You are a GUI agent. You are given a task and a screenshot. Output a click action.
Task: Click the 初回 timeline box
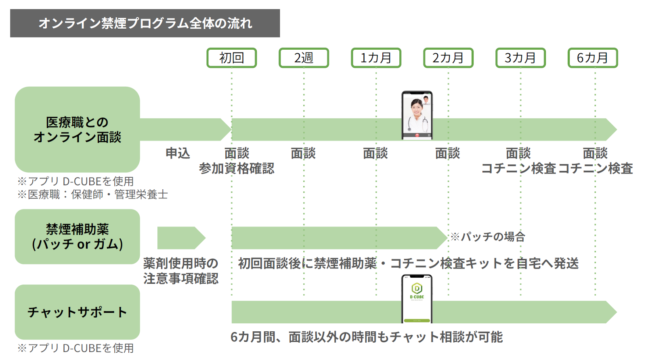(x=231, y=58)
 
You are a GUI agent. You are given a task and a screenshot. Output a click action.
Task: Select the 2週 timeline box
(x=304, y=58)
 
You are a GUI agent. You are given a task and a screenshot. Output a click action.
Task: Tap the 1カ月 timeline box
(x=376, y=58)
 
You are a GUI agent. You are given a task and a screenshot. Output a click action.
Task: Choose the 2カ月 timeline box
(x=448, y=58)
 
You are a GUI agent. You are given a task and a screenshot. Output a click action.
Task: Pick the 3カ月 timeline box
(x=520, y=58)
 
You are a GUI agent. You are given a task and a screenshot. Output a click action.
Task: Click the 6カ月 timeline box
(x=593, y=58)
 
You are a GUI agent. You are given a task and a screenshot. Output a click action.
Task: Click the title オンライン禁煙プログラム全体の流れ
(x=145, y=23)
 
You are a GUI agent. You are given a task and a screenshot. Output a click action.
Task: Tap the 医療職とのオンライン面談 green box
(x=77, y=130)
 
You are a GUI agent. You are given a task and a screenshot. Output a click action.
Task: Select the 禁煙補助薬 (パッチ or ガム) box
(x=77, y=237)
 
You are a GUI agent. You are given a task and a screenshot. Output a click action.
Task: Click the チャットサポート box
(x=77, y=312)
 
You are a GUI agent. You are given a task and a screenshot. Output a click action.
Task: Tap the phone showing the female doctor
(x=417, y=115)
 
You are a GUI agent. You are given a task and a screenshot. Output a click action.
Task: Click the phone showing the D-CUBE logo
(x=417, y=299)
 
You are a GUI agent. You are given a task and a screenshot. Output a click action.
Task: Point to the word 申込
(x=178, y=153)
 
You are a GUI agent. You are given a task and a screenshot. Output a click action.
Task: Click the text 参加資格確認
(x=237, y=168)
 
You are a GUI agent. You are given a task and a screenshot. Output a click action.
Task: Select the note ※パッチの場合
(x=488, y=237)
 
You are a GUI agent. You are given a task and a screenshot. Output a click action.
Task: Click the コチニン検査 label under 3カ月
(x=518, y=168)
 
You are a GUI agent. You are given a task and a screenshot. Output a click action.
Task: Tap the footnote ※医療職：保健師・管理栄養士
(x=92, y=195)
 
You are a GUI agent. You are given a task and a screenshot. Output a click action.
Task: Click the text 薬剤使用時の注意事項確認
(x=181, y=271)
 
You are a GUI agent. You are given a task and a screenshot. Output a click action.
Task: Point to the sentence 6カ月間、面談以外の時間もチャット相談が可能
(x=367, y=337)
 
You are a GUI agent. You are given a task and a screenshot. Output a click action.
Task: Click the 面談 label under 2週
(x=303, y=153)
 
